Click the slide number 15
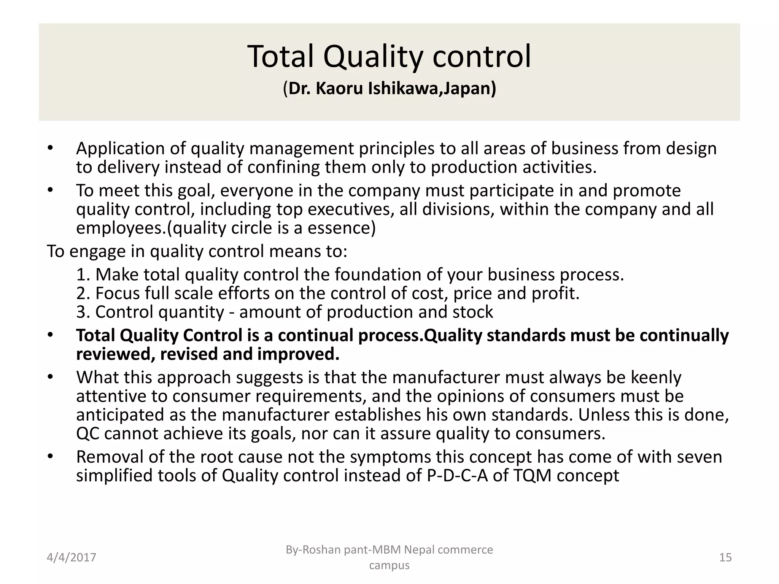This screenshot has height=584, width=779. pos(725,557)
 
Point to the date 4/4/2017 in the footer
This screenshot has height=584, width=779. pos(72,557)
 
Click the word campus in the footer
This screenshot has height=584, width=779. pos(389,565)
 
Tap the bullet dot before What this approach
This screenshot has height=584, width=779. pos(50,378)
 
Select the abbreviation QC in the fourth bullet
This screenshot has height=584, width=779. pos(88,433)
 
